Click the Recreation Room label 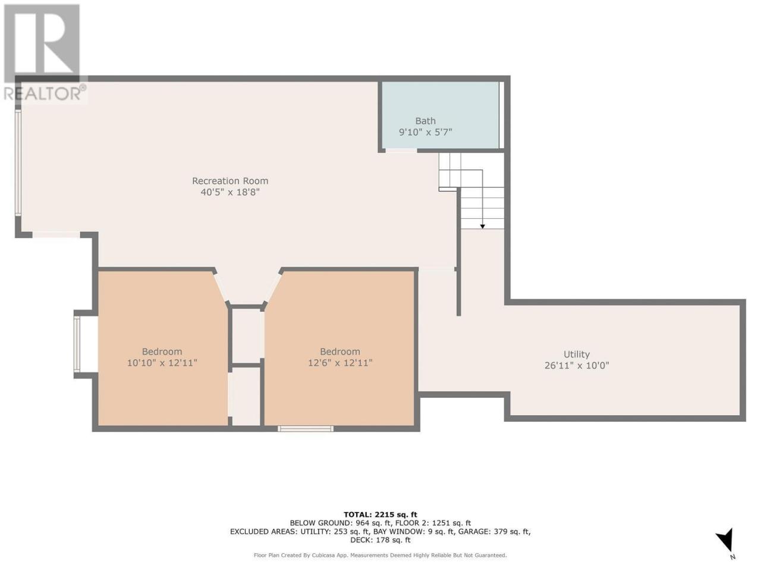[230, 181]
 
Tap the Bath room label [425, 121]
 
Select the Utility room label [576, 354]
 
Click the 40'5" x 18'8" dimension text [230, 192]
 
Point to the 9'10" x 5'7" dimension [425, 132]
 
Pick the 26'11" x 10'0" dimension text [576, 365]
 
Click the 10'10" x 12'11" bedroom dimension [162, 363]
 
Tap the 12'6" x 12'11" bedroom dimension [339, 363]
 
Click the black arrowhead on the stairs [482, 227]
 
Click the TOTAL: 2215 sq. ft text [380, 514]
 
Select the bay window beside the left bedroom [77, 345]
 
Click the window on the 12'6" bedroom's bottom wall [306, 428]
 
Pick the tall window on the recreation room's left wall [18, 162]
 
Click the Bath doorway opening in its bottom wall [401, 150]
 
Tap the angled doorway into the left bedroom [221, 287]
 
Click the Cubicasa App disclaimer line [380, 555]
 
